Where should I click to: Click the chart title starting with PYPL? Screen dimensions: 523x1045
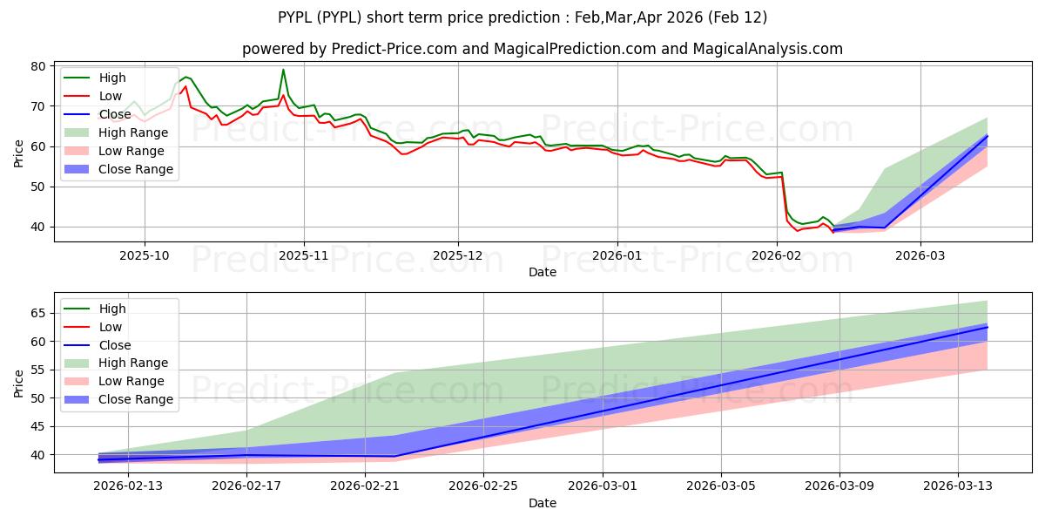(522, 17)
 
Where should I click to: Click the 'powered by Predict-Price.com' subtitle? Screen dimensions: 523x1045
(542, 50)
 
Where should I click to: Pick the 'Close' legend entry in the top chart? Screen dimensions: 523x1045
(114, 114)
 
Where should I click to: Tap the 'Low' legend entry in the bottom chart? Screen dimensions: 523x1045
(111, 327)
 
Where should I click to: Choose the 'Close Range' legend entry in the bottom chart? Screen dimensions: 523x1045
(135, 399)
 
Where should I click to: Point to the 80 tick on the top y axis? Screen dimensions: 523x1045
(38, 66)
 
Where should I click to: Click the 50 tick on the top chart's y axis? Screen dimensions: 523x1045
(38, 187)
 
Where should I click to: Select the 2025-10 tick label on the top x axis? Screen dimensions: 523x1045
(144, 256)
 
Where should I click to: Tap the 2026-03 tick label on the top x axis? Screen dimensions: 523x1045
(921, 256)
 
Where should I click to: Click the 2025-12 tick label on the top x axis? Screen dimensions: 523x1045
(458, 256)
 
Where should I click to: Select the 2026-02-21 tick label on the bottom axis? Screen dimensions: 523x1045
(365, 486)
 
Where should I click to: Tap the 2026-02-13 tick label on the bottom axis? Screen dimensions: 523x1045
(128, 486)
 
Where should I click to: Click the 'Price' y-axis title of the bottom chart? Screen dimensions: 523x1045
(18, 381)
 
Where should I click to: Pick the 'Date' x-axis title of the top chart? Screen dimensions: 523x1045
(542, 272)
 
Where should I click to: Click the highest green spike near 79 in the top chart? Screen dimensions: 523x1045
(283, 70)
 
